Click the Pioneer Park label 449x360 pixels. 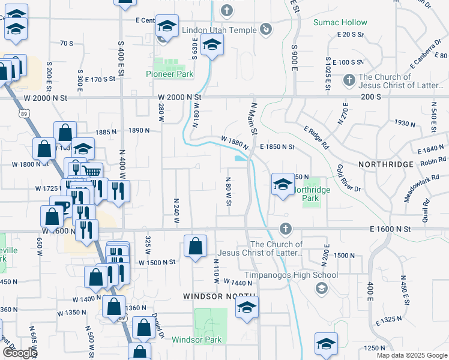pos(169,74)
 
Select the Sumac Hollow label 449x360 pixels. pos(340,23)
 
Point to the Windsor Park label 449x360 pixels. pos(196,340)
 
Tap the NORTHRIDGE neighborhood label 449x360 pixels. pos(386,164)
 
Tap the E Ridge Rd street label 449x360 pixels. pos(316,137)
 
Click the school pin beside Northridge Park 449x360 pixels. pos(283,184)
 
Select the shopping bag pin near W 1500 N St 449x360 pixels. pos(195,246)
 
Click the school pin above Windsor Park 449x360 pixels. pos(246,307)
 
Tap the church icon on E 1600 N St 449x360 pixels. pos(285,229)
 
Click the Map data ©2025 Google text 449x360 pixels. pos(411,355)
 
